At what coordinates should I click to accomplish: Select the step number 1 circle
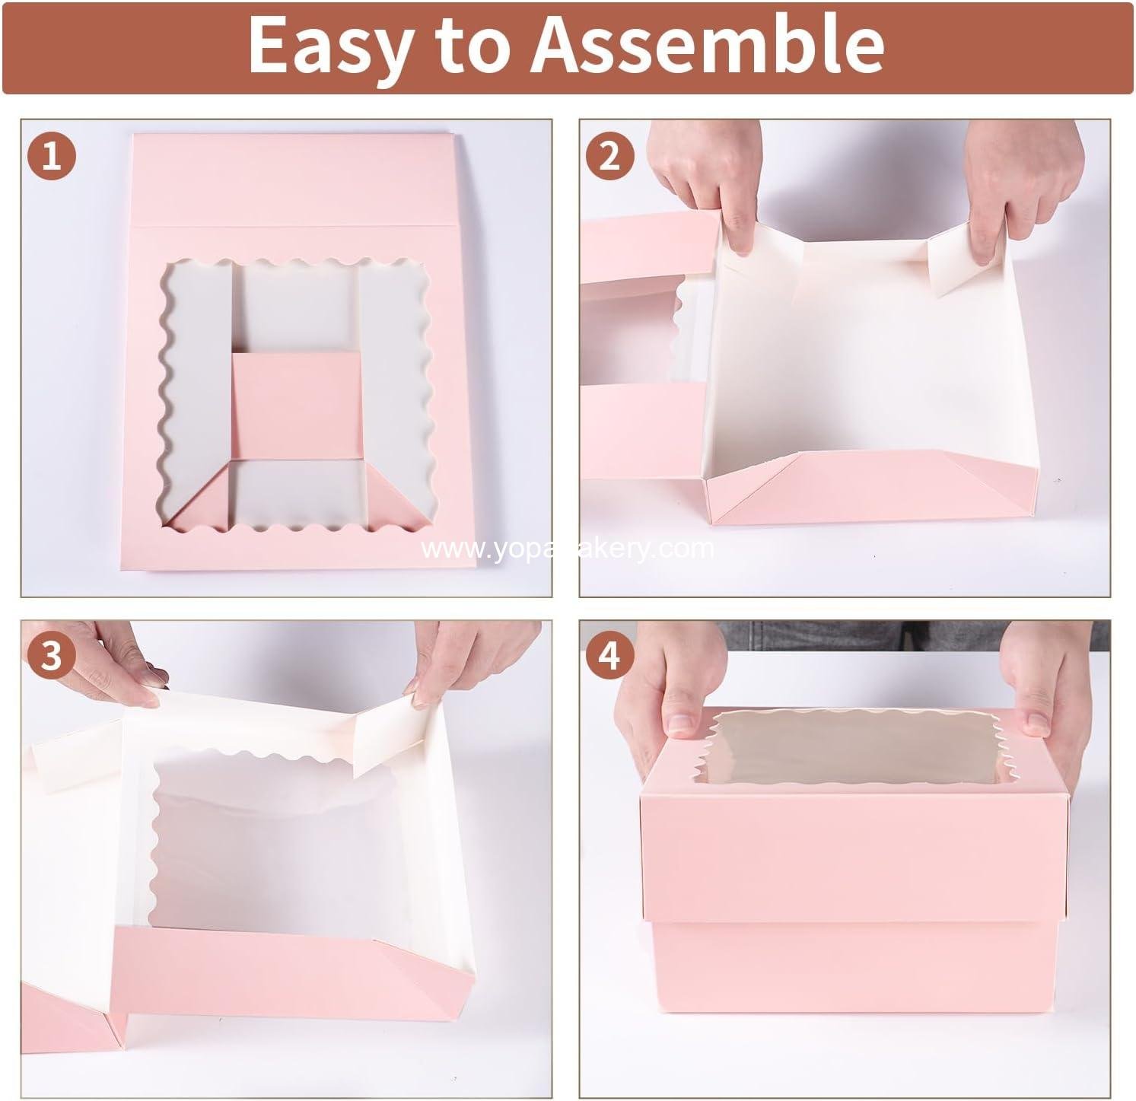(52, 158)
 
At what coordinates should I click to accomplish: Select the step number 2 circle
(609, 158)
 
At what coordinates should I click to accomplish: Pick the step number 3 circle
(52, 655)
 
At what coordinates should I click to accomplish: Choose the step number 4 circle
(609, 655)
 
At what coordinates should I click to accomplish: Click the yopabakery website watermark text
(568, 549)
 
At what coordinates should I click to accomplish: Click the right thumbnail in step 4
(1036, 721)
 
